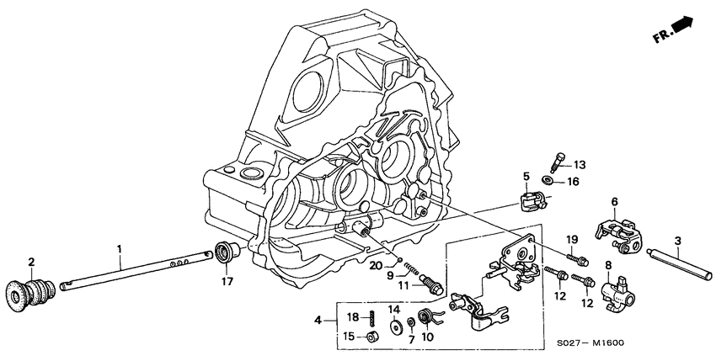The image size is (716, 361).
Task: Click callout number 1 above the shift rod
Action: (x=119, y=248)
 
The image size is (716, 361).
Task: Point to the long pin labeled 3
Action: (x=679, y=266)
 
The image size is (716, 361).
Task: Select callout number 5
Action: (x=526, y=178)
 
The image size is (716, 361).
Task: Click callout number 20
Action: (x=376, y=264)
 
